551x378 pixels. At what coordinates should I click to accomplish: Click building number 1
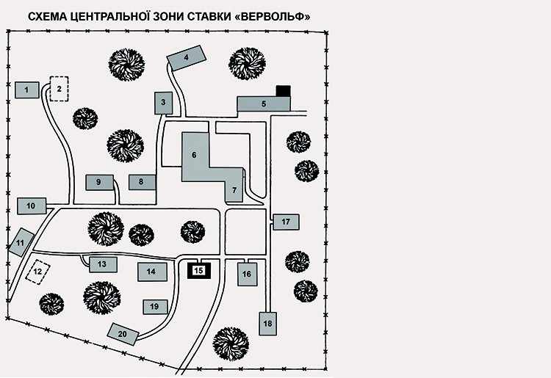[x=26, y=90]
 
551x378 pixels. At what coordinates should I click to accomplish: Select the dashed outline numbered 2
[x=58, y=90]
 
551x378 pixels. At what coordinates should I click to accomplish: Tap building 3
[x=162, y=103]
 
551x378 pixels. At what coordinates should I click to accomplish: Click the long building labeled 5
[x=263, y=104]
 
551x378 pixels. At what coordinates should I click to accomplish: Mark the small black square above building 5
[x=283, y=90]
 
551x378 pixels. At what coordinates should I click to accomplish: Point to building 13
[x=102, y=264]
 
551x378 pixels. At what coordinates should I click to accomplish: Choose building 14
[x=151, y=272]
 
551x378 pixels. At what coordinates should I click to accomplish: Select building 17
[x=286, y=221]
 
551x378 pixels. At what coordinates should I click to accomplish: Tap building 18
[x=267, y=323]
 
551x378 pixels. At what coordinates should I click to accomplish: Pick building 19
[x=154, y=306]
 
